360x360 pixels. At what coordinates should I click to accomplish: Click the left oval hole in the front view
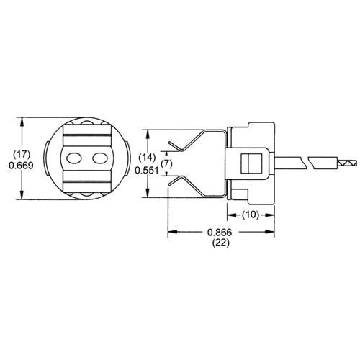[x=73, y=158]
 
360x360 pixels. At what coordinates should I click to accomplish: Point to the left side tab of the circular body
[x=45, y=158]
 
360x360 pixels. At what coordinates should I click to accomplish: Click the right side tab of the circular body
[x=127, y=158]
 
